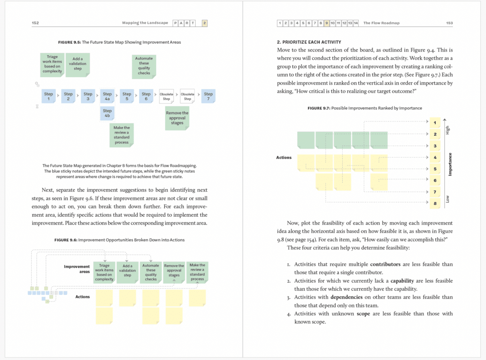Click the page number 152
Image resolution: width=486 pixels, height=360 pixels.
[x=35, y=23]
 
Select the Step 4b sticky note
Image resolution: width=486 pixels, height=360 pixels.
[x=107, y=113]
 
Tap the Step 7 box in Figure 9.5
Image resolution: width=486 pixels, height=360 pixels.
[x=208, y=96]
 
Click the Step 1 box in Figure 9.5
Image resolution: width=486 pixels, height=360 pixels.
[x=48, y=96]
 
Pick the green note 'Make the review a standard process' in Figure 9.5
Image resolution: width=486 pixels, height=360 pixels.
[x=121, y=135]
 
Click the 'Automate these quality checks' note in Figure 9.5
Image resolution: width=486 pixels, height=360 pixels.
[x=144, y=66]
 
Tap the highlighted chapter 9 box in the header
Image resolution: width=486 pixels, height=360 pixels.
[x=327, y=23]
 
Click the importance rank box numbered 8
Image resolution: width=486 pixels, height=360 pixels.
[x=435, y=203]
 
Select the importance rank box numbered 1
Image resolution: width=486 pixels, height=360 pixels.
[x=435, y=123]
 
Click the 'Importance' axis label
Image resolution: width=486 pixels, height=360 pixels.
[x=450, y=164]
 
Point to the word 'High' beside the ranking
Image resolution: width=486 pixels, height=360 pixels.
[x=447, y=129]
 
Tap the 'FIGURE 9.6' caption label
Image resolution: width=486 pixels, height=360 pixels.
[x=66, y=240]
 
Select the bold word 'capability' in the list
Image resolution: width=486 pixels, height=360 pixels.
[x=403, y=281]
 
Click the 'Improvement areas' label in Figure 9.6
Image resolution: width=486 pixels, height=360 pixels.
[x=77, y=269]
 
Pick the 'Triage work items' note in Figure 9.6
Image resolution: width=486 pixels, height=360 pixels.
[x=104, y=273]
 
